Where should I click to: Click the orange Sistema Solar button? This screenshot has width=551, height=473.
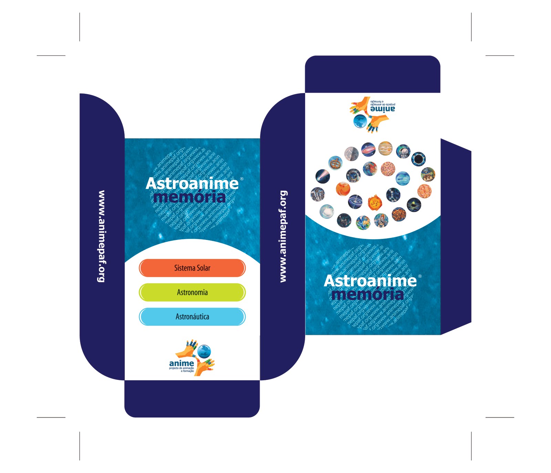point(192,268)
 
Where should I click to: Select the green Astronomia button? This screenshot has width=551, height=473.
point(192,292)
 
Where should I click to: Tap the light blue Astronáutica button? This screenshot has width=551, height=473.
point(192,316)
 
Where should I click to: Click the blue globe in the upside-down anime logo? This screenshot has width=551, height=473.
point(360,121)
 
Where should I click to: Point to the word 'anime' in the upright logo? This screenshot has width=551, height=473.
point(181,363)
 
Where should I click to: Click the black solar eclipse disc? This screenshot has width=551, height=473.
point(418,159)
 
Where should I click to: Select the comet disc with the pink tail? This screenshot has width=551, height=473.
point(322,177)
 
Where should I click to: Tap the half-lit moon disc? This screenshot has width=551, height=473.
point(351,154)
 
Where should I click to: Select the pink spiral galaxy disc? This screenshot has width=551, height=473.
point(424,191)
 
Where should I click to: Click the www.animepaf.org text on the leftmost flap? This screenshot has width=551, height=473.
point(101,236)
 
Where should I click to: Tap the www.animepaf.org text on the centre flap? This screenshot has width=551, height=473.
point(283,236)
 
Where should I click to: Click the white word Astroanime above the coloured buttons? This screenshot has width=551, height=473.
point(192,183)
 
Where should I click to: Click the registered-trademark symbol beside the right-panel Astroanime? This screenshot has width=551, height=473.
point(420,276)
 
